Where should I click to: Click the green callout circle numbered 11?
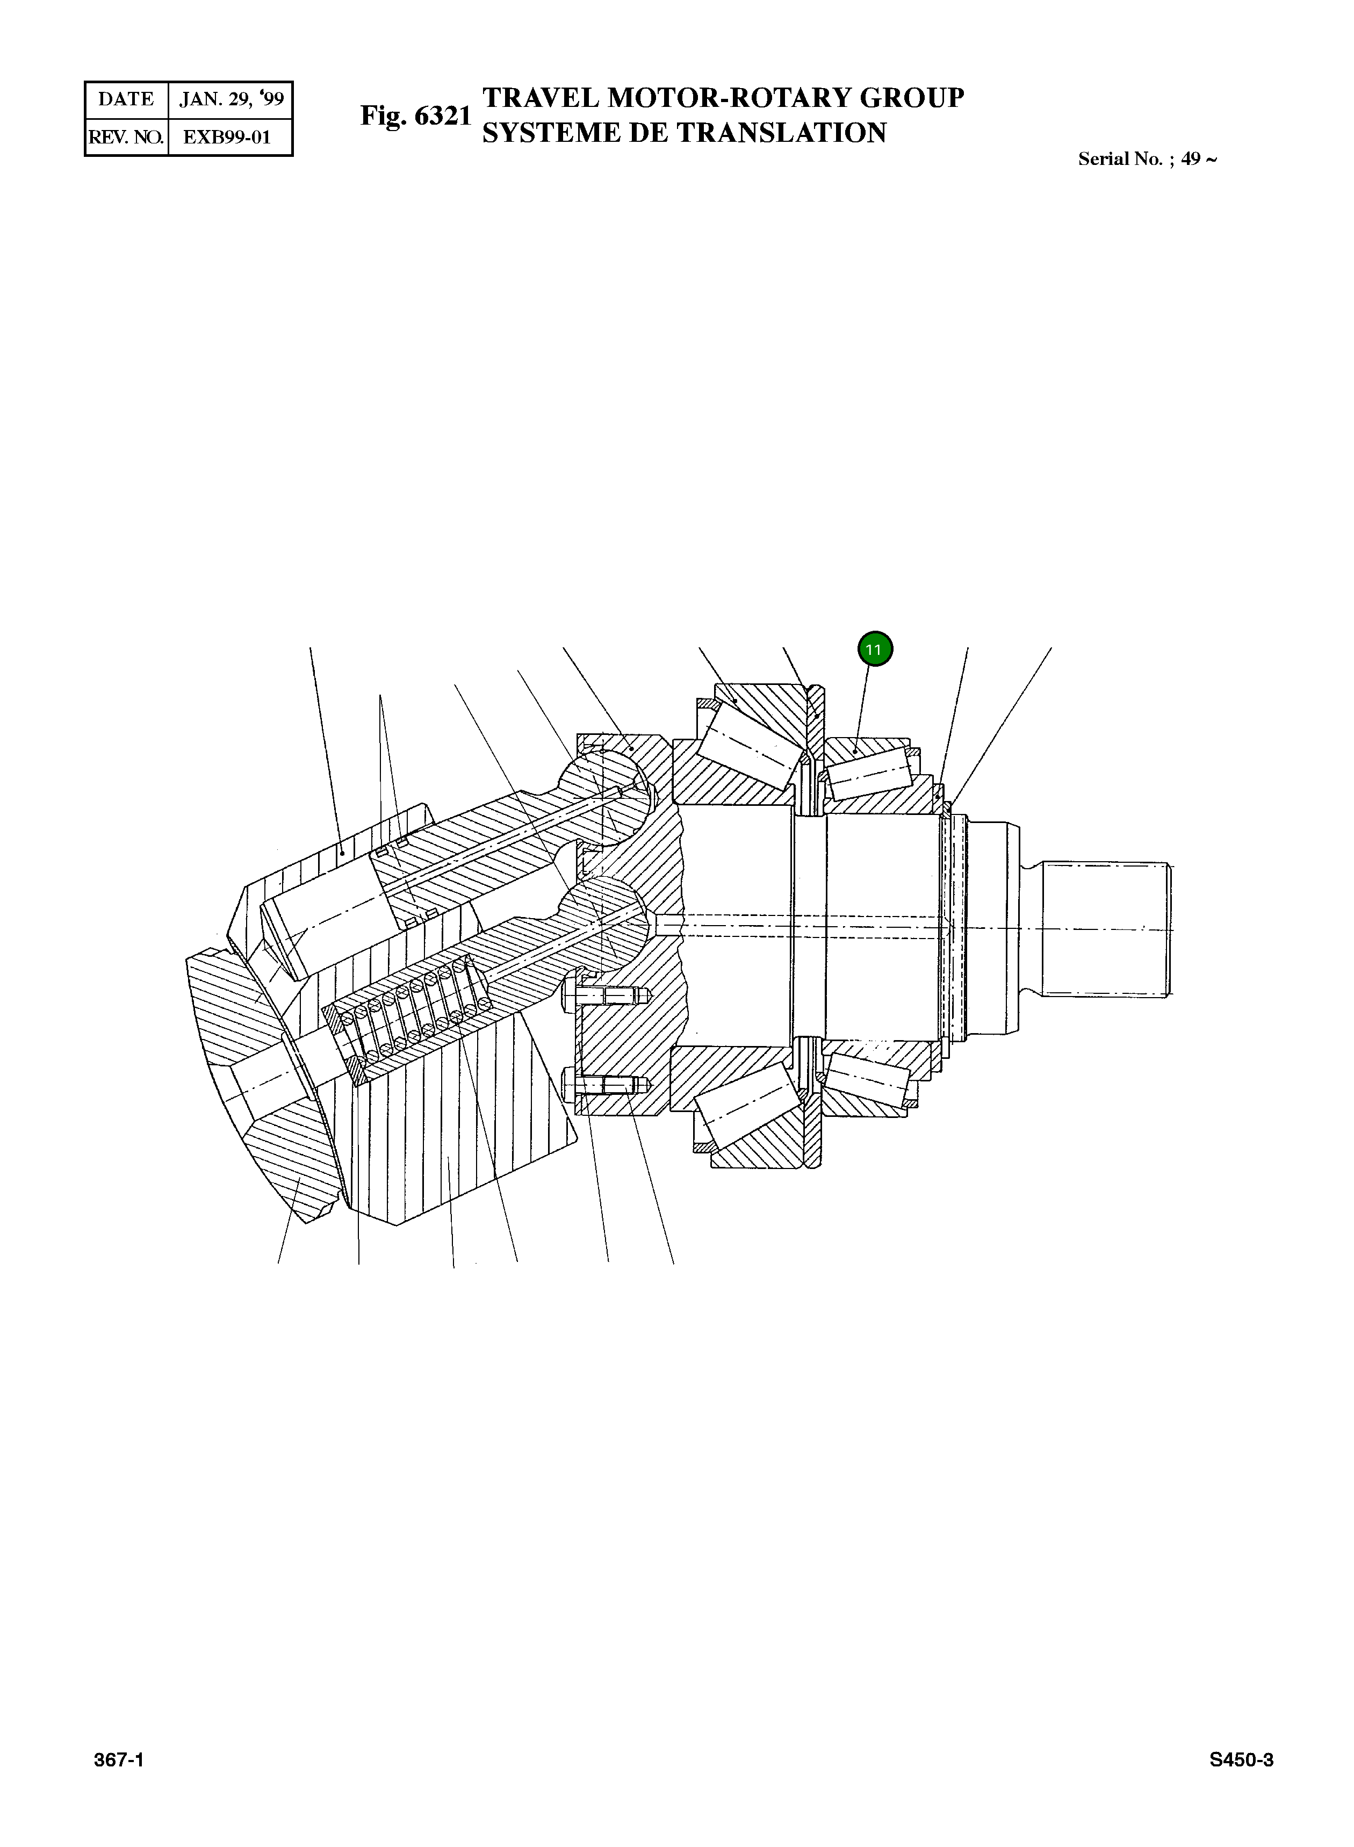tap(875, 650)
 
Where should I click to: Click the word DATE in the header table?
tap(125, 99)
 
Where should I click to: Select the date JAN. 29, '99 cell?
tap(231, 99)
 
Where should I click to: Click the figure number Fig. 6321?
tap(415, 116)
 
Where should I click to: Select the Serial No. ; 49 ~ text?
tap(1147, 159)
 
